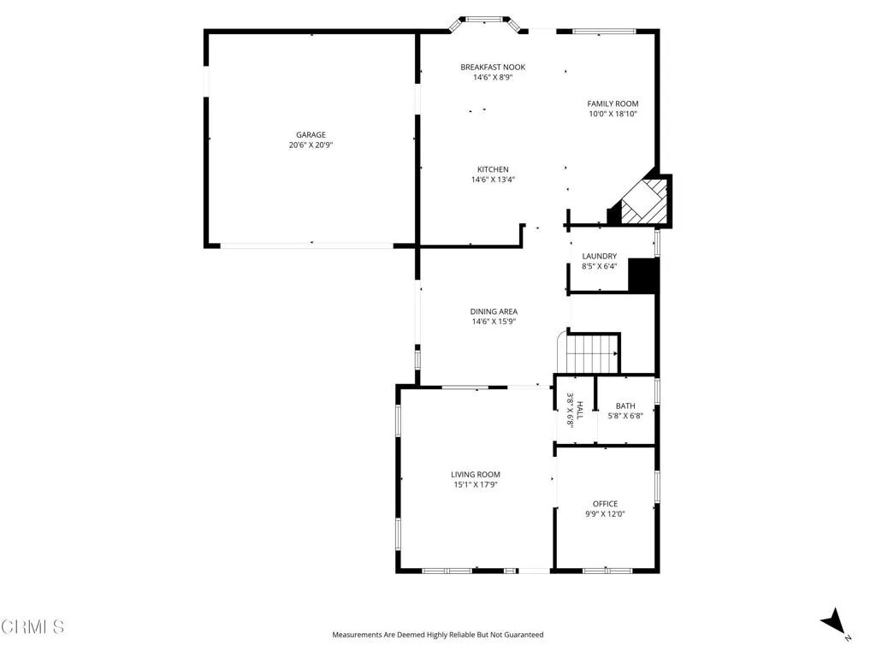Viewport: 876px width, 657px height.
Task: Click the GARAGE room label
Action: [311, 134]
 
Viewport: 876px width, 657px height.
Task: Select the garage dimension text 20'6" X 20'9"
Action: [311, 145]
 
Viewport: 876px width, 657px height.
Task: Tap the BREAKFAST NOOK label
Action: [493, 67]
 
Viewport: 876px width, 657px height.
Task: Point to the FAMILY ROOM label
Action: [613, 104]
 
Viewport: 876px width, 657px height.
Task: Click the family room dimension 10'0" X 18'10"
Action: [613, 114]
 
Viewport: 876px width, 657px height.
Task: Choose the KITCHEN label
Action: [493, 169]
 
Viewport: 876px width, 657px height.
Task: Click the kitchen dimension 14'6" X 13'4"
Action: [493, 180]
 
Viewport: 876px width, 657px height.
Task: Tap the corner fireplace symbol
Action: [643, 201]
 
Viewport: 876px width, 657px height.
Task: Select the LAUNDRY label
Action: [599, 256]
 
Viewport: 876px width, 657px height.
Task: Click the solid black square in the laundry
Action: [642, 275]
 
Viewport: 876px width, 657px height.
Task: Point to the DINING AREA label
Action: [494, 311]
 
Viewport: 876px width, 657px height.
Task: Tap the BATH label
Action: [625, 406]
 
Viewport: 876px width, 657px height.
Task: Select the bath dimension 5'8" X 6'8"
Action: [625, 417]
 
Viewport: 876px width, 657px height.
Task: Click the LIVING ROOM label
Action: [476, 474]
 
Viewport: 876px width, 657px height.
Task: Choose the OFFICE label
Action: [605, 504]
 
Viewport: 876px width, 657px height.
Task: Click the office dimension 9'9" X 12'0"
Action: [605, 514]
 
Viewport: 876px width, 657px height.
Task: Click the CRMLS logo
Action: [33, 627]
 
